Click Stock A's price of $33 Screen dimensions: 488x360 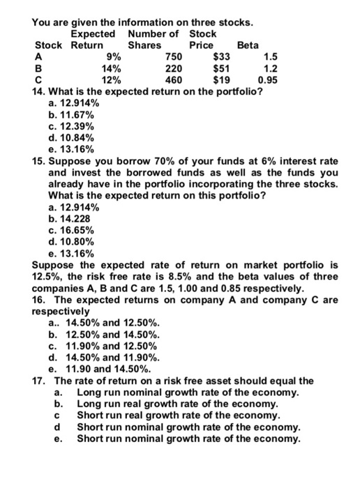click(221, 56)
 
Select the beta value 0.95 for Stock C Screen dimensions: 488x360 click(269, 80)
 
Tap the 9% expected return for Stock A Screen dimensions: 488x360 click(114, 56)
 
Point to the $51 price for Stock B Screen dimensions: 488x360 click(221, 68)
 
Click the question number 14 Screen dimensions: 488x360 click(40, 92)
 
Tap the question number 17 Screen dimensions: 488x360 click(40, 381)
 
